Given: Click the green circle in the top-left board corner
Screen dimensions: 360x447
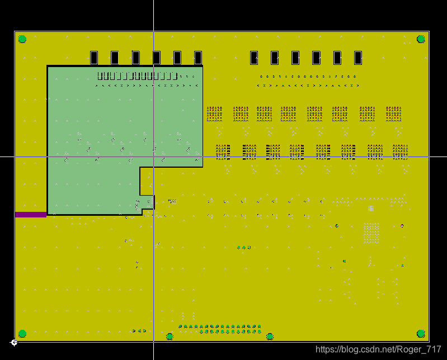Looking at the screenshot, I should coord(22,39).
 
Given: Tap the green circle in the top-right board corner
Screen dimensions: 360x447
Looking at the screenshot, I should coord(421,39).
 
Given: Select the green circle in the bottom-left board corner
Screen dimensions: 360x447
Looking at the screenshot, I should coord(22,334).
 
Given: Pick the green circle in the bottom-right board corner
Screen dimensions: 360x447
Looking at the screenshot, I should coord(421,334).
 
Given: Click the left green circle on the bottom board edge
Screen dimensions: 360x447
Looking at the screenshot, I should coord(170,337).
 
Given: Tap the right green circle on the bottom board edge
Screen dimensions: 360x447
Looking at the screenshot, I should coord(270,337).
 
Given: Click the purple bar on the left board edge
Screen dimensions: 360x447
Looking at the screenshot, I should coord(31,215).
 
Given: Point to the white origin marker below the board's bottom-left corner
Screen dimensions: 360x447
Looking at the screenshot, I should coord(14,342).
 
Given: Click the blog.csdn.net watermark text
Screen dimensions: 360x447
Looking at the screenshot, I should coord(379,349).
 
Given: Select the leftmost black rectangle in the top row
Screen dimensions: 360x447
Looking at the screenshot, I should coord(94,58).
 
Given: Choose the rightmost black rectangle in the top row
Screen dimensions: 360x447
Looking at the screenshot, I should coord(358,58).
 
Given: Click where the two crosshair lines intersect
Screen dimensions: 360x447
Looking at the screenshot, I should coord(153,157).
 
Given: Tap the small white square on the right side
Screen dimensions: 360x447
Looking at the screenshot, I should coord(371,209).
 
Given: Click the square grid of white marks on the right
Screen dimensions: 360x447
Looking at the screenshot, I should coord(371,233).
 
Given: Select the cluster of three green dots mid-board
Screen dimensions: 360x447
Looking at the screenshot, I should coord(244,247).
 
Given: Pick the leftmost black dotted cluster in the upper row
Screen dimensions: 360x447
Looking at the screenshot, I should coord(214,113).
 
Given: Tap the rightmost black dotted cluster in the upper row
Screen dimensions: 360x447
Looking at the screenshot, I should coord(393,113).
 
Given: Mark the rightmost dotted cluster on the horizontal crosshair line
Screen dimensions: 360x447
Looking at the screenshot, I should coord(400,151).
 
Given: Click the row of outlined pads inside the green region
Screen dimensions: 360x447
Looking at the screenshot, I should coord(137,76).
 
